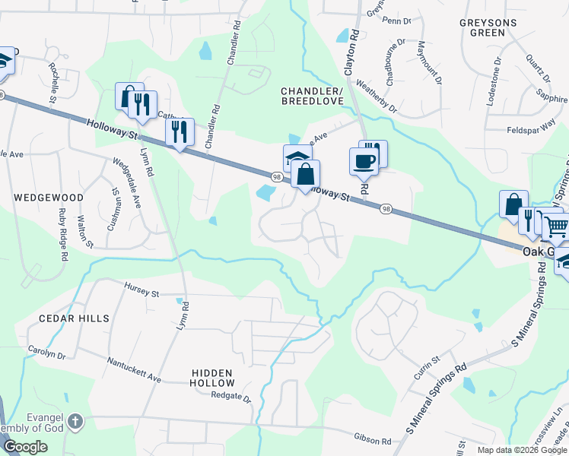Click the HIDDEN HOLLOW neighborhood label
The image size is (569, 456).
point(212,377)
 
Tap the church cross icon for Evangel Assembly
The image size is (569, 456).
point(75,420)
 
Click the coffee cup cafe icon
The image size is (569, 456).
point(363,160)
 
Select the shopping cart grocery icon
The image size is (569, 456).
point(556,226)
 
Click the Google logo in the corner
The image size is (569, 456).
point(25,446)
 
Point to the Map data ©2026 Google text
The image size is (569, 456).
point(522,450)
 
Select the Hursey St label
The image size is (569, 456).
point(141,289)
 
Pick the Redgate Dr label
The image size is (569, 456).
point(230,397)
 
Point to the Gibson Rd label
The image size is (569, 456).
point(372,439)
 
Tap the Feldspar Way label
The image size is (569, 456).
point(533,131)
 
